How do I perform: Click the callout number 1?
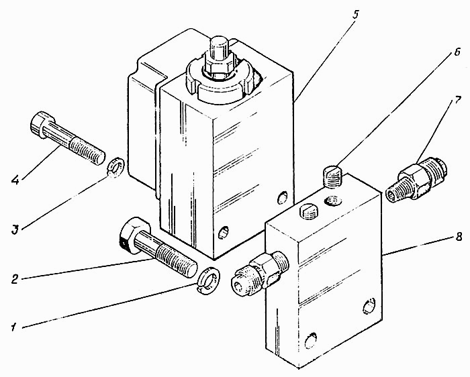tap(13, 327)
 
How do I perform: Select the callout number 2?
tap(15, 279)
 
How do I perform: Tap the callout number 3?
tap(15, 230)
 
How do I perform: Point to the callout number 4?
tap(15, 180)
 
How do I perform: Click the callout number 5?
tap(355, 15)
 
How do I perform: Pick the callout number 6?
tap(457, 52)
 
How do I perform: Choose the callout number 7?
tap(457, 101)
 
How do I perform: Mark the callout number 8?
tap(459, 237)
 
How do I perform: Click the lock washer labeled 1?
tap(209, 280)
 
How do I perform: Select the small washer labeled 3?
tap(115, 167)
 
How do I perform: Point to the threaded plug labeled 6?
tap(333, 177)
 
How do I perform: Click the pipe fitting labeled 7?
tap(416, 180)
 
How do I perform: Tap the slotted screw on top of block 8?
tap(310, 211)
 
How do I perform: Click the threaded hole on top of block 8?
tap(333, 200)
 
